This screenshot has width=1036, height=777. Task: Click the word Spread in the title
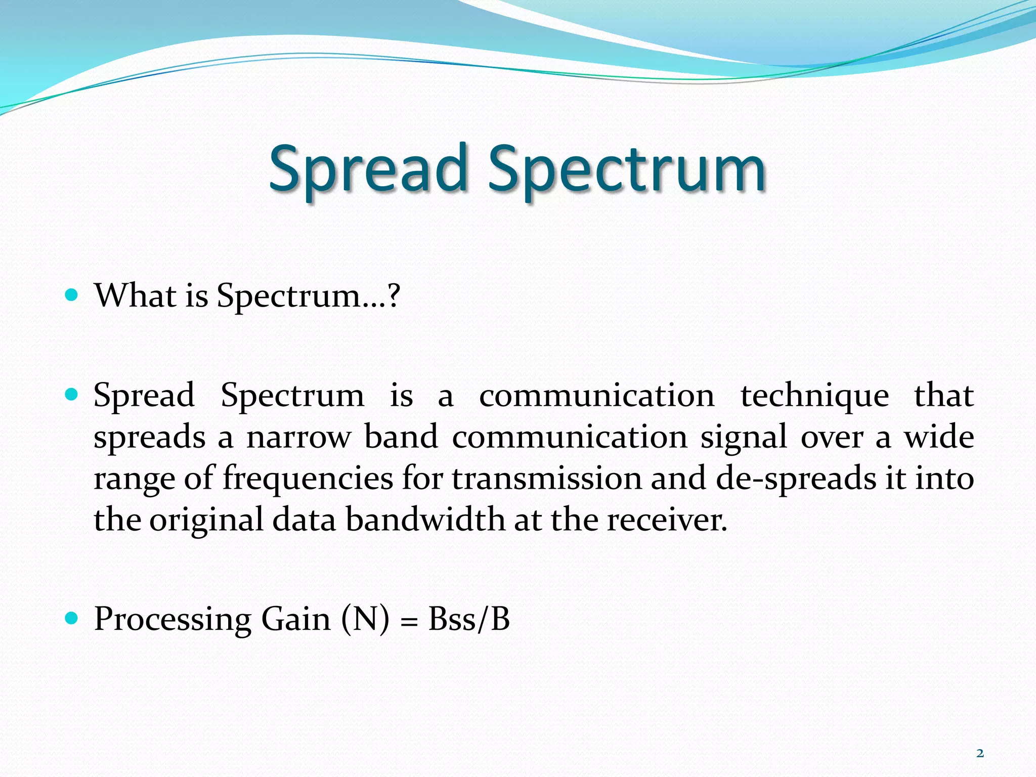tap(368, 169)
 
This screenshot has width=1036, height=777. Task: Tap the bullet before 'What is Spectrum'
tap(72, 294)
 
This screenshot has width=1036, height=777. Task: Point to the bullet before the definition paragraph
tap(72, 394)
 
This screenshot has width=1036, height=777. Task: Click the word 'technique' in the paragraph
tap(814, 396)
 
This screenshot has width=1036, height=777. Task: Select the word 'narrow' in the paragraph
tap(298, 438)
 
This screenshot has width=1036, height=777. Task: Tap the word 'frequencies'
tap(308, 479)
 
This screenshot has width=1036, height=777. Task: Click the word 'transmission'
tap(546, 479)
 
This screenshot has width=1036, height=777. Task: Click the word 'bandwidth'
tap(425, 520)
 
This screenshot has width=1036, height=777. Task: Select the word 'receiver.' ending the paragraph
tap(667, 520)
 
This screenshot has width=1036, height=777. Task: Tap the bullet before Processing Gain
tap(72, 618)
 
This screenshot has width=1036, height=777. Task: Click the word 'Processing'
tap(172, 619)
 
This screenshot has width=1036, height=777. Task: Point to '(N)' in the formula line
tap(365, 619)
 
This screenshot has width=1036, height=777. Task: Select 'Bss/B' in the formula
tap(469, 619)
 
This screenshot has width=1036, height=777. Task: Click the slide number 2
tap(980, 753)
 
